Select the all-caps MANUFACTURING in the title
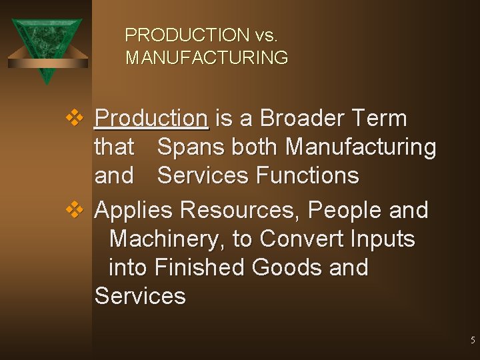(x=207, y=58)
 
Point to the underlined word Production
(x=151, y=119)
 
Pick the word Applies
(x=134, y=211)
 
